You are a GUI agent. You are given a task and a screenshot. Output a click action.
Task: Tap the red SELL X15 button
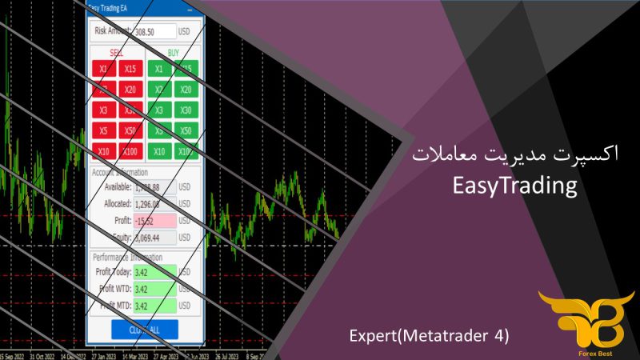[x=131, y=69]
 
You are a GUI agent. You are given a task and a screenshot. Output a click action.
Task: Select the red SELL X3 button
[x=104, y=110]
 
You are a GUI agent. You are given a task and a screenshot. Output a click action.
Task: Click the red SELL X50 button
[x=131, y=131]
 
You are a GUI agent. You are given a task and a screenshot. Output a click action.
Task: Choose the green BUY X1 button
[x=159, y=69]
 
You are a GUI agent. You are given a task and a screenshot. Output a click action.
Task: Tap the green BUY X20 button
[x=186, y=90]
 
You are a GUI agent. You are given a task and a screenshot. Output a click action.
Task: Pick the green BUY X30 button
[x=186, y=110]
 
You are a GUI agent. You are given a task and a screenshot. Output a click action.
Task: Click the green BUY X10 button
[x=159, y=152]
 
